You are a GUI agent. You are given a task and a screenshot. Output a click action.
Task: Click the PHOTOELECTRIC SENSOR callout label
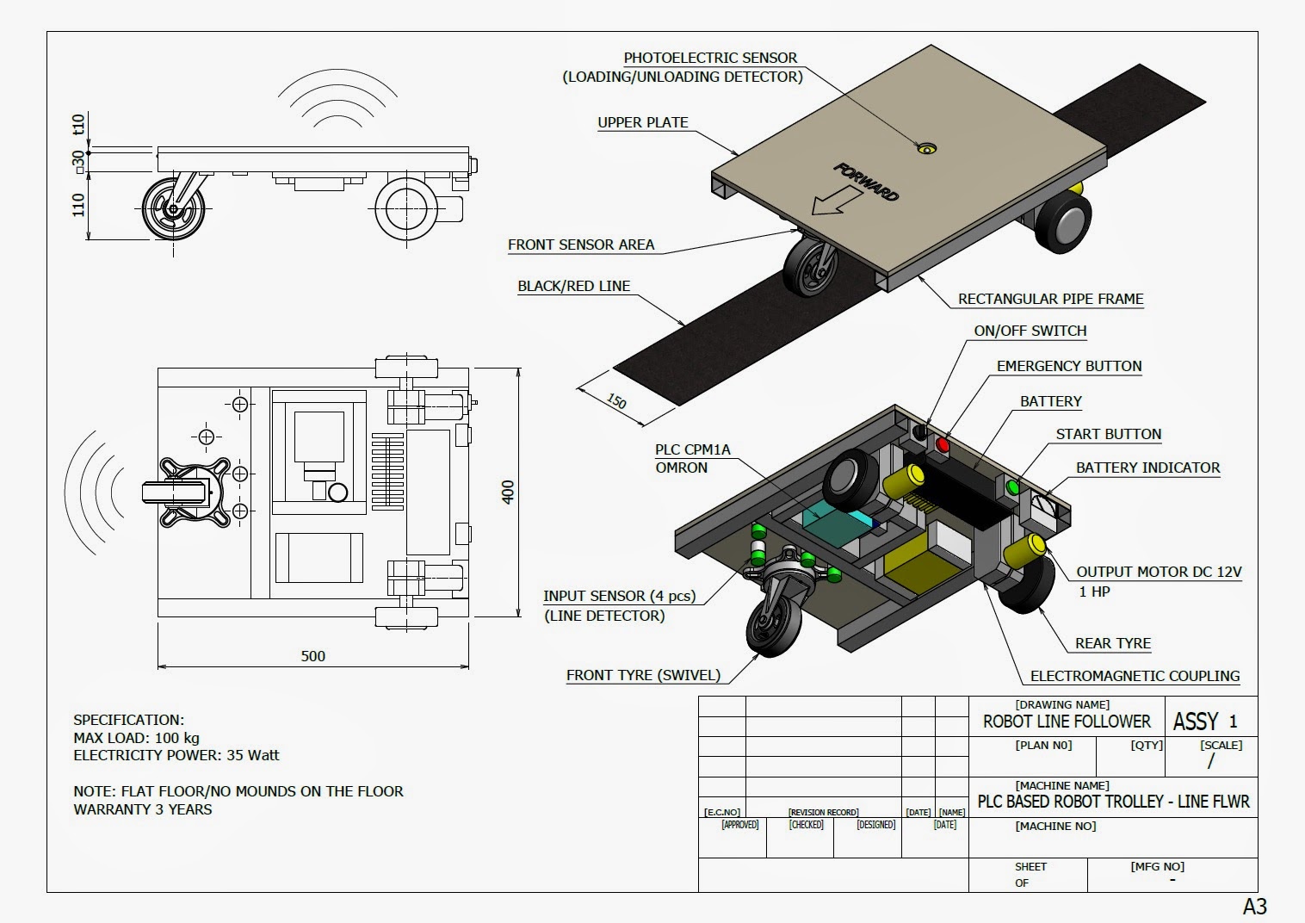point(710,58)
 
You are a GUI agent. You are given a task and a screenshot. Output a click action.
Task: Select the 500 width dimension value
point(313,656)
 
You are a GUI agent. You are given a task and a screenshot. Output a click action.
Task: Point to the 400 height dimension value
point(508,492)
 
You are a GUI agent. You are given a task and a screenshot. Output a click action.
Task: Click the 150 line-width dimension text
point(616,402)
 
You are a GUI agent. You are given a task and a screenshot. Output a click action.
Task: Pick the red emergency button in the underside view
point(943,445)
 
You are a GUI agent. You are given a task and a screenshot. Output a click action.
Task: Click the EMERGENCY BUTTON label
point(1069,366)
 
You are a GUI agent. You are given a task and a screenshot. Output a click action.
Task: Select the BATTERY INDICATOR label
point(1147,468)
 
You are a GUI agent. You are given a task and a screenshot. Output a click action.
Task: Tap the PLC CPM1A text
point(692,449)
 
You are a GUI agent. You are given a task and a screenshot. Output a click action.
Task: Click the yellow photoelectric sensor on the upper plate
point(925,148)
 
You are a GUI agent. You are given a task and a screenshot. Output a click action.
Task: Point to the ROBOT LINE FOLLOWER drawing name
point(1067,722)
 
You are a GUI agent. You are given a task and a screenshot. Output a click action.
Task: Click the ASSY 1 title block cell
point(1205,722)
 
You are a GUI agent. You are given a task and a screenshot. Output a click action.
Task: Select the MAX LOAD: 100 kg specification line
point(136,738)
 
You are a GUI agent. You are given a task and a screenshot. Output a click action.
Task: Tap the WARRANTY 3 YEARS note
point(143,809)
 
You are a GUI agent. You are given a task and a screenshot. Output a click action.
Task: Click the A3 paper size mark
point(1254,906)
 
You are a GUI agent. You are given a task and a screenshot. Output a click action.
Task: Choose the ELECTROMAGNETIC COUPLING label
point(1135,676)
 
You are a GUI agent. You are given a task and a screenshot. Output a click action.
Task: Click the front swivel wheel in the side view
point(174,209)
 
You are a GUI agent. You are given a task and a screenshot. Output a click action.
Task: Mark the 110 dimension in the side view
point(78,205)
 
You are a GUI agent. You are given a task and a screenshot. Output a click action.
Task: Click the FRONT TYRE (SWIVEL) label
point(643,675)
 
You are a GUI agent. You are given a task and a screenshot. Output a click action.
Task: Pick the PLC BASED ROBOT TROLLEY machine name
point(1113,802)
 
